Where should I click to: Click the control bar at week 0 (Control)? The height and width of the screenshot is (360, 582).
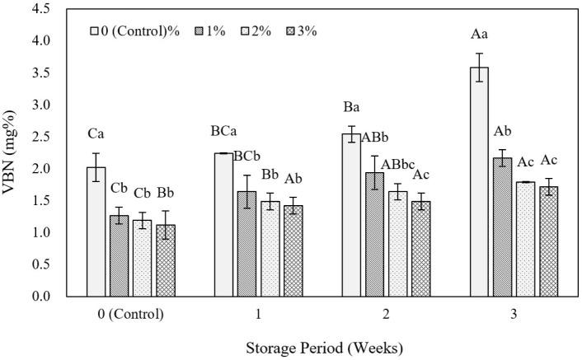click(x=96, y=231)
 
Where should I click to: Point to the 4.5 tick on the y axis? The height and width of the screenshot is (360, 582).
click(x=44, y=9)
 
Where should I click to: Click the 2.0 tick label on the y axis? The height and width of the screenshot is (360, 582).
click(x=44, y=169)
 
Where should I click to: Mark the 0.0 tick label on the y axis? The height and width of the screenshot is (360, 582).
click(x=44, y=297)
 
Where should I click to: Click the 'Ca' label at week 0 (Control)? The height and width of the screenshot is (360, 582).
click(x=96, y=133)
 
